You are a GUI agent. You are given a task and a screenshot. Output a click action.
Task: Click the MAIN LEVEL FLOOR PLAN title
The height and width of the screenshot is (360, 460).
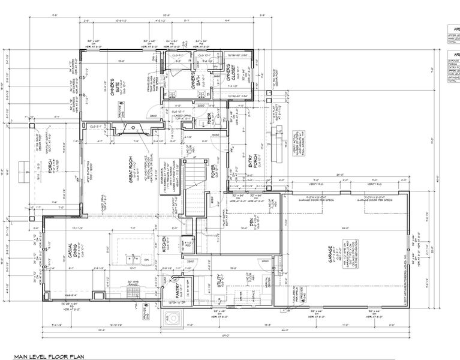pyautogui.click(x=49, y=355)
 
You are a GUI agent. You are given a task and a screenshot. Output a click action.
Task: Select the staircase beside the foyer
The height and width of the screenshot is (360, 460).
pyautogui.click(x=193, y=186)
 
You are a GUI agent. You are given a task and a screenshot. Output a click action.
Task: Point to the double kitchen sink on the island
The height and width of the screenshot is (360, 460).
pyautogui.click(x=131, y=259)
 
